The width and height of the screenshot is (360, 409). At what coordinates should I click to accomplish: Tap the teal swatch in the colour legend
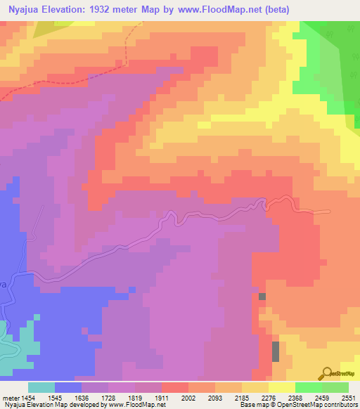pyautogui.click(x=41, y=387)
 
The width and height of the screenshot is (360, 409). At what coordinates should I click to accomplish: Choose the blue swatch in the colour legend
pyautogui.click(x=68, y=387)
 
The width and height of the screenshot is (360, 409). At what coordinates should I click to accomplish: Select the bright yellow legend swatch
pyautogui.click(x=281, y=387)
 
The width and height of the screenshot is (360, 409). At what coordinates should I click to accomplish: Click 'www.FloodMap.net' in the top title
pyautogui.click(x=231, y=9)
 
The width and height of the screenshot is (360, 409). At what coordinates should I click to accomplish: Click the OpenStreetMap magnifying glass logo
pyautogui.click(x=326, y=373)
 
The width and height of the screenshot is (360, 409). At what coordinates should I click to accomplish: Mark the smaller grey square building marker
pyautogui.click(x=262, y=297)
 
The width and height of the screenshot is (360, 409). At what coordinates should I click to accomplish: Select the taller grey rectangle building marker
pyautogui.click(x=276, y=351)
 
